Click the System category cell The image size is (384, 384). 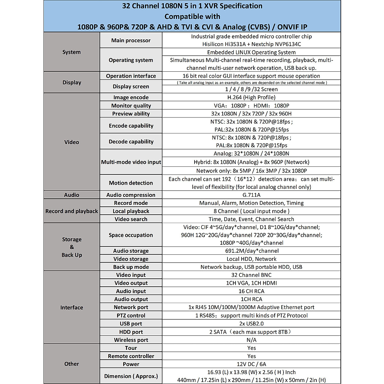point(71,52)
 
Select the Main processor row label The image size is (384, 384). point(131,40)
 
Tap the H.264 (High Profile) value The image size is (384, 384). point(251,97)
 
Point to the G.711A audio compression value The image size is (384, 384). point(251,195)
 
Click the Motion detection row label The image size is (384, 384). point(131,183)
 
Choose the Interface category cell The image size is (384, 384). point(71,308)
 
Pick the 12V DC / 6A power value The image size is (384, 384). point(251,364)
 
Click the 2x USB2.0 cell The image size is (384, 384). point(251,324)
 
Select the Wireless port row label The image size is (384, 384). point(131,340)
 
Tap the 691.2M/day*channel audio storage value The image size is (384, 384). point(252,251)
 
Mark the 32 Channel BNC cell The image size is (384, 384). point(251,275)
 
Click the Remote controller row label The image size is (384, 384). point(131,356)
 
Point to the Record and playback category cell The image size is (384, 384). point(71,211)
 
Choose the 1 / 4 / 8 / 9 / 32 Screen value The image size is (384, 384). point(251,89)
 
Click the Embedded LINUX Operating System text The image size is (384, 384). point(251,52)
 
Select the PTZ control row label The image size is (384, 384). point(131,316)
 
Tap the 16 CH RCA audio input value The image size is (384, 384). point(251,291)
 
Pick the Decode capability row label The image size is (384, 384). point(131,141)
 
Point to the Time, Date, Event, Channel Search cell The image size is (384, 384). point(251,219)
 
